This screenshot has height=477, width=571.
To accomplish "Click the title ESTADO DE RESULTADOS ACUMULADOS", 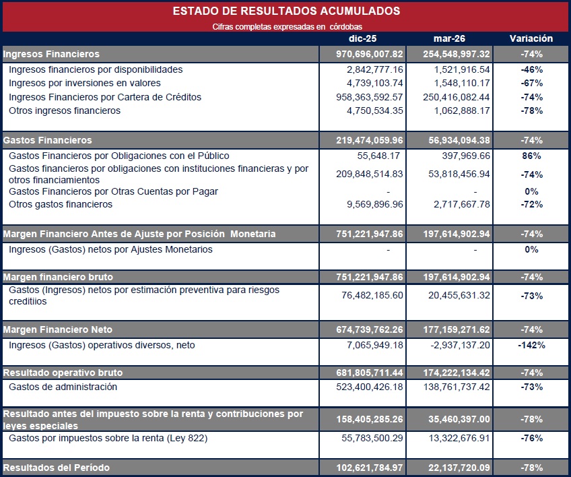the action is click(x=286, y=11).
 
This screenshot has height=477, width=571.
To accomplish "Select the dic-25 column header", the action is click(x=362, y=38).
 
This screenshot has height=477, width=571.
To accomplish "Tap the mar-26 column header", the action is click(x=449, y=38).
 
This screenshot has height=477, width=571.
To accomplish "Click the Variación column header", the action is click(x=531, y=38).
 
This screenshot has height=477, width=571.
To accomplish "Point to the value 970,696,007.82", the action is click(x=369, y=55).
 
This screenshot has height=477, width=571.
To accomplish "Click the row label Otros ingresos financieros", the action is click(x=65, y=110).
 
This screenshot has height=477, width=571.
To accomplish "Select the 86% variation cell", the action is click(x=531, y=156).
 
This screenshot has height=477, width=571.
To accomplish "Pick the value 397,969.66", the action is click(x=466, y=156).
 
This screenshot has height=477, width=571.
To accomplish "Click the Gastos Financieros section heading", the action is click(x=47, y=140).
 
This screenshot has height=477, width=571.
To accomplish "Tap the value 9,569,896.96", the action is click(x=374, y=204).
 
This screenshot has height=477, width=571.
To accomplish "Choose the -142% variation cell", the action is click(x=531, y=345).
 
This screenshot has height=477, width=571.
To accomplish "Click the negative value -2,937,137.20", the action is click(x=460, y=345).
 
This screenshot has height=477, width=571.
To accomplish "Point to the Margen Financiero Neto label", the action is click(x=57, y=329).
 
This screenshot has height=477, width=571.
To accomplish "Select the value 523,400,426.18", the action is click(x=369, y=387).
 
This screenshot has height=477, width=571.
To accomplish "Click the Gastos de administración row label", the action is click(x=63, y=387).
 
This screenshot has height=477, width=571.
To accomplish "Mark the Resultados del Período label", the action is click(x=56, y=468).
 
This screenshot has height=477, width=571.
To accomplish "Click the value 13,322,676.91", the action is click(x=459, y=438).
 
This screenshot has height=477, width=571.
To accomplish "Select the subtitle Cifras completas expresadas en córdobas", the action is click(x=288, y=27).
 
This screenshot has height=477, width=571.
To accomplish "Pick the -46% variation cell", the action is click(x=532, y=69).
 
